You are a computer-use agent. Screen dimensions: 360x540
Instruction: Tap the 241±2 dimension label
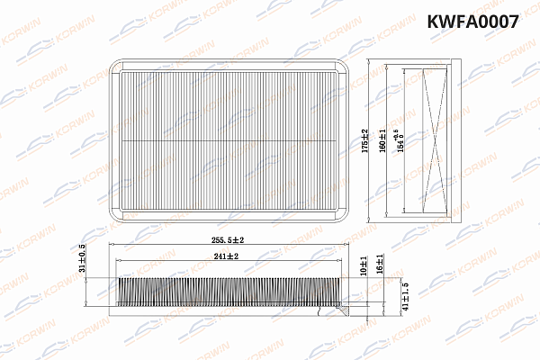pyautogui.click(x=227, y=256)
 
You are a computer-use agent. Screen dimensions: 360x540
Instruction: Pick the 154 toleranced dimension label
pyautogui.click(x=400, y=139)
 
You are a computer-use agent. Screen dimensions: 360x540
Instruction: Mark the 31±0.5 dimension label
pyautogui.click(x=83, y=256)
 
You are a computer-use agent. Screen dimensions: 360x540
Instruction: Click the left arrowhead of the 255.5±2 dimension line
pyautogui.click(x=110, y=246)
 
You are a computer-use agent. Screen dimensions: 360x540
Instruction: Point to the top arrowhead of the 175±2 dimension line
pyautogui.click(x=373, y=63)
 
